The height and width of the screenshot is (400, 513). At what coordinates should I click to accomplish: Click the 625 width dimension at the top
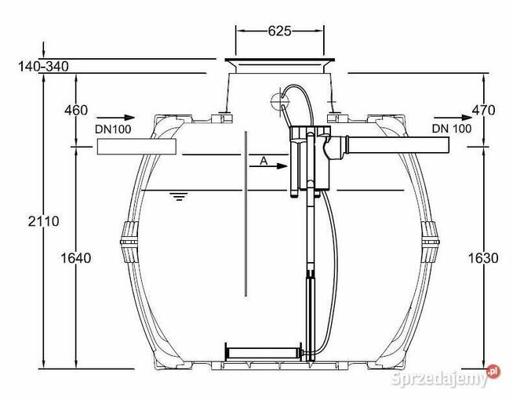279,31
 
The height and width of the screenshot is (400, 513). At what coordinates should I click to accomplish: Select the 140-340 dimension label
43,67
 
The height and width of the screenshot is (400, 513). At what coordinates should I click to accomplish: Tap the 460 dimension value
76,111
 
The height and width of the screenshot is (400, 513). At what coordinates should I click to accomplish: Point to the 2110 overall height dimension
43,221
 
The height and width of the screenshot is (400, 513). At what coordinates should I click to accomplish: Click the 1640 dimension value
76,258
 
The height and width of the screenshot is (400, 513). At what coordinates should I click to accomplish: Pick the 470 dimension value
483,111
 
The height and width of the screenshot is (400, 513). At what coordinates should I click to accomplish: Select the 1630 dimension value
483,258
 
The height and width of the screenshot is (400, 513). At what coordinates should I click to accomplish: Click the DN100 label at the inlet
113,129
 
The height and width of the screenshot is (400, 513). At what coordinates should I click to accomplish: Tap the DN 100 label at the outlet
452,129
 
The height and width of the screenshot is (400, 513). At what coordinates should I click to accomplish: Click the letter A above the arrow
264,161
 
